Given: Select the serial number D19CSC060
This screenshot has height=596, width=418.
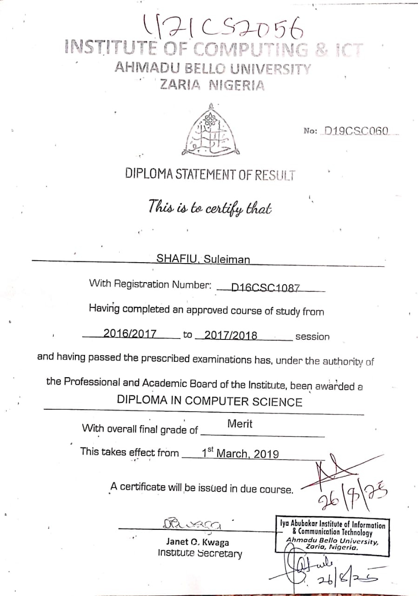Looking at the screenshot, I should pyautogui.click(x=356, y=131).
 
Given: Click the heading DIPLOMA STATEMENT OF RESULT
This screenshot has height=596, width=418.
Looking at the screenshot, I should pyautogui.click(x=210, y=174).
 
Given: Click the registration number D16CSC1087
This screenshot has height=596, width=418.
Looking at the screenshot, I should pyautogui.click(x=266, y=288).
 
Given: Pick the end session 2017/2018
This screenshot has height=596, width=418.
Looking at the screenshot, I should pyautogui.click(x=231, y=335).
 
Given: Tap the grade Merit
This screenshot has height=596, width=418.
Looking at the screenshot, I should pyautogui.click(x=240, y=424).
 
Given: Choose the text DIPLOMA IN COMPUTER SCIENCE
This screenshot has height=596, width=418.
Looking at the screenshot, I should pyautogui.click(x=209, y=401).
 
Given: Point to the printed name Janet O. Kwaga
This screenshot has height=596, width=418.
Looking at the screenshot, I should pyautogui.click(x=198, y=542).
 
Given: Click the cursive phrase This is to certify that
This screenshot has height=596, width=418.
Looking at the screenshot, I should pyautogui.click(x=210, y=206).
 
